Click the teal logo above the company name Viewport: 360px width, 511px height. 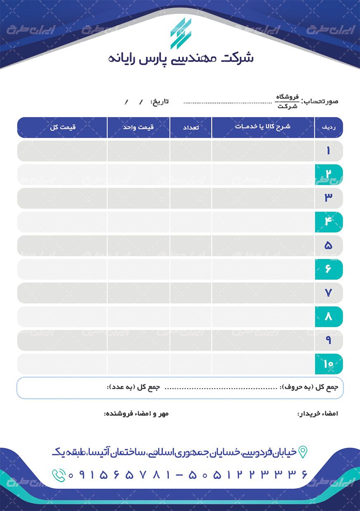(x=181, y=33)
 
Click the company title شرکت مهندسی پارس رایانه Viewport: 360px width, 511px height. (x=180, y=58)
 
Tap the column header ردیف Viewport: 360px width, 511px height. (x=328, y=127)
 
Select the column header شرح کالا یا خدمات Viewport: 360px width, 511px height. (x=263, y=127)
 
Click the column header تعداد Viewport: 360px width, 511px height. (x=191, y=127)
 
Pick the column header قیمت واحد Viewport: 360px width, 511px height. (x=138, y=127)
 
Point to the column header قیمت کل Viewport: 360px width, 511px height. (x=62, y=127)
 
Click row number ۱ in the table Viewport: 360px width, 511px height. (x=328, y=151)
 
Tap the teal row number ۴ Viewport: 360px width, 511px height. (x=328, y=222)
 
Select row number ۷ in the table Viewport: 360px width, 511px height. (x=328, y=293)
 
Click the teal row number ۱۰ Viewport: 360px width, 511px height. (x=328, y=364)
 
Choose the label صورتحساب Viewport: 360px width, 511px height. (x=320, y=101)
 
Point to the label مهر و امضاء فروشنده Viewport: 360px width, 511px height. (x=136, y=413)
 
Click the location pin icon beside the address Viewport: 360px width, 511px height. (x=303, y=452)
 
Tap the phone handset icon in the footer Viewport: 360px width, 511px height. (x=58, y=475)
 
